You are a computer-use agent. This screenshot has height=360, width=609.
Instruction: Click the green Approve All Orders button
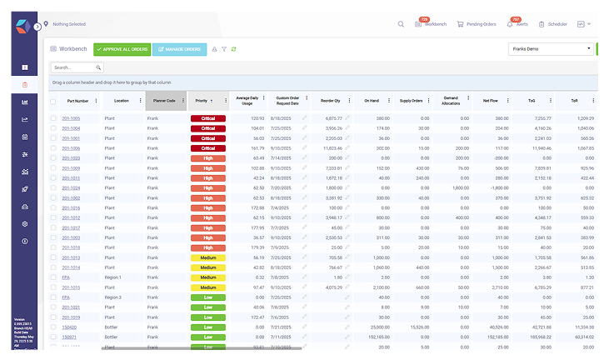click(x=122, y=50)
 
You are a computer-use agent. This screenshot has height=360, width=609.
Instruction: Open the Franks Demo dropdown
click(x=550, y=49)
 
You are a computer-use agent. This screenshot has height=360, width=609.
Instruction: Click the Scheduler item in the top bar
click(x=553, y=24)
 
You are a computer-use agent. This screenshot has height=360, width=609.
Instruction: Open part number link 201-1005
click(x=71, y=119)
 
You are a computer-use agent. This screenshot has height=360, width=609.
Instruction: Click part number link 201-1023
click(x=71, y=157)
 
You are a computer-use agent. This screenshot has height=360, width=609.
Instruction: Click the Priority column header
click(x=202, y=101)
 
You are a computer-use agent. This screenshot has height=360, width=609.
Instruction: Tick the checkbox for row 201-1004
click(x=54, y=129)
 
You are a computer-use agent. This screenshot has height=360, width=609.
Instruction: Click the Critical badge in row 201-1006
click(x=208, y=148)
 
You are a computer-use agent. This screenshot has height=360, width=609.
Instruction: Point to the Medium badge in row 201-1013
click(x=208, y=257)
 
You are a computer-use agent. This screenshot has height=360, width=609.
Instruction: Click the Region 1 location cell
click(x=112, y=277)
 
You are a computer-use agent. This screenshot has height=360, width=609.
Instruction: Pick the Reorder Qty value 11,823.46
click(x=327, y=148)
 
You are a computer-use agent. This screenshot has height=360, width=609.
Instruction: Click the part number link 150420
click(x=70, y=327)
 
